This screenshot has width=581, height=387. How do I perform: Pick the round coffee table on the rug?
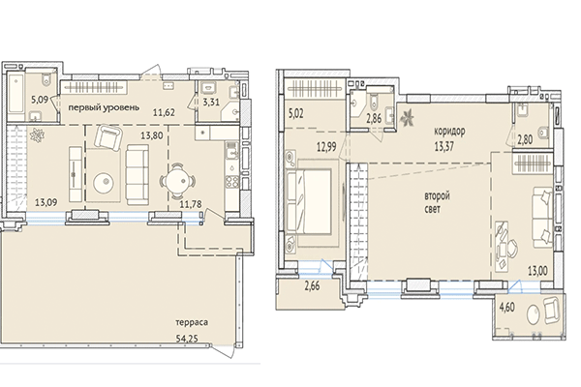point(104,180)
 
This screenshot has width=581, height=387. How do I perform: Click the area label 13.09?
point(47,202)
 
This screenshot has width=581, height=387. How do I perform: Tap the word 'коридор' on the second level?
point(454,129)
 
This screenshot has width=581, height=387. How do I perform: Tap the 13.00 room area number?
point(537,271)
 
